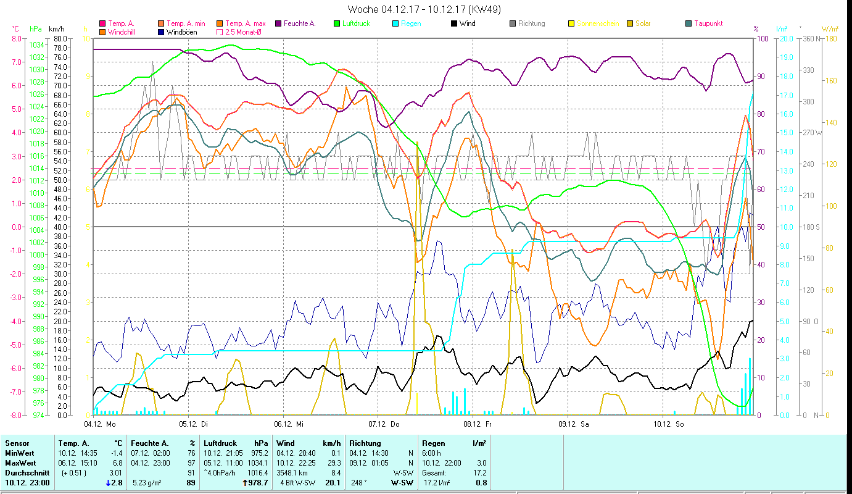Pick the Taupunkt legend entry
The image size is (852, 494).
[708, 23]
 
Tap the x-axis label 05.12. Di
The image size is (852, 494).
[193, 424]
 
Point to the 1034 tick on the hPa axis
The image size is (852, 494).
[37, 45]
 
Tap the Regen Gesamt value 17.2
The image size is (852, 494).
[479, 472]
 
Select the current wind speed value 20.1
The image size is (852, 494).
[333, 482]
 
